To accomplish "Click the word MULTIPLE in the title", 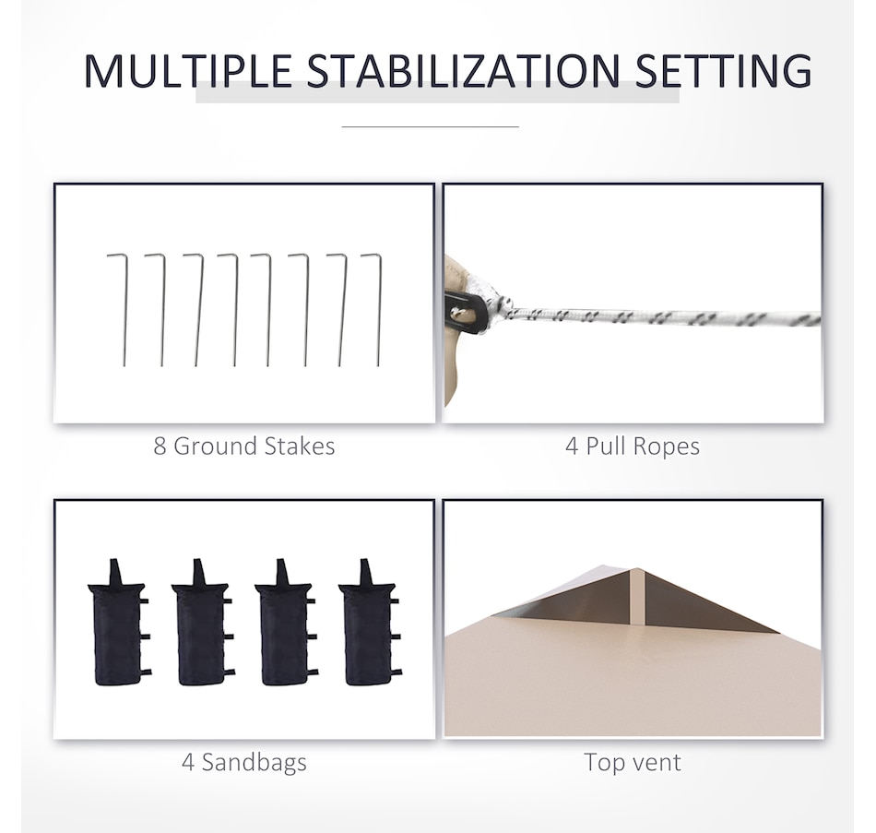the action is (188, 71).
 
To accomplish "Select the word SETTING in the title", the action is (724, 71).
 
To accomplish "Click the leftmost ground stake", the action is (124, 310).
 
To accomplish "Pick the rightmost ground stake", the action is (379, 310).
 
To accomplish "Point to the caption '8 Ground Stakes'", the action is (244, 446).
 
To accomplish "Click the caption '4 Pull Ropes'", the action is (633, 446).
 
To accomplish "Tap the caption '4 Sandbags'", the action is (244, 762).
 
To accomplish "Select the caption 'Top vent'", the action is (633, 762).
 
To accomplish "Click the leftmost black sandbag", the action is (118, 624).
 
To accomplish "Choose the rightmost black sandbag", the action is (369, 624).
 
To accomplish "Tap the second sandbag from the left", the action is (202, 624).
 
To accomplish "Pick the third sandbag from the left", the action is (286, 624).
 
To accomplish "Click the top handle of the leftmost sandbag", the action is (115, 571).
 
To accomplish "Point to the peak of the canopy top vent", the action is (637, 569).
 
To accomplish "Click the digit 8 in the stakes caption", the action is (160, 446).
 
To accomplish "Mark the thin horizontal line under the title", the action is (431, 127).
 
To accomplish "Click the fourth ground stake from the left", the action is (235, 310).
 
